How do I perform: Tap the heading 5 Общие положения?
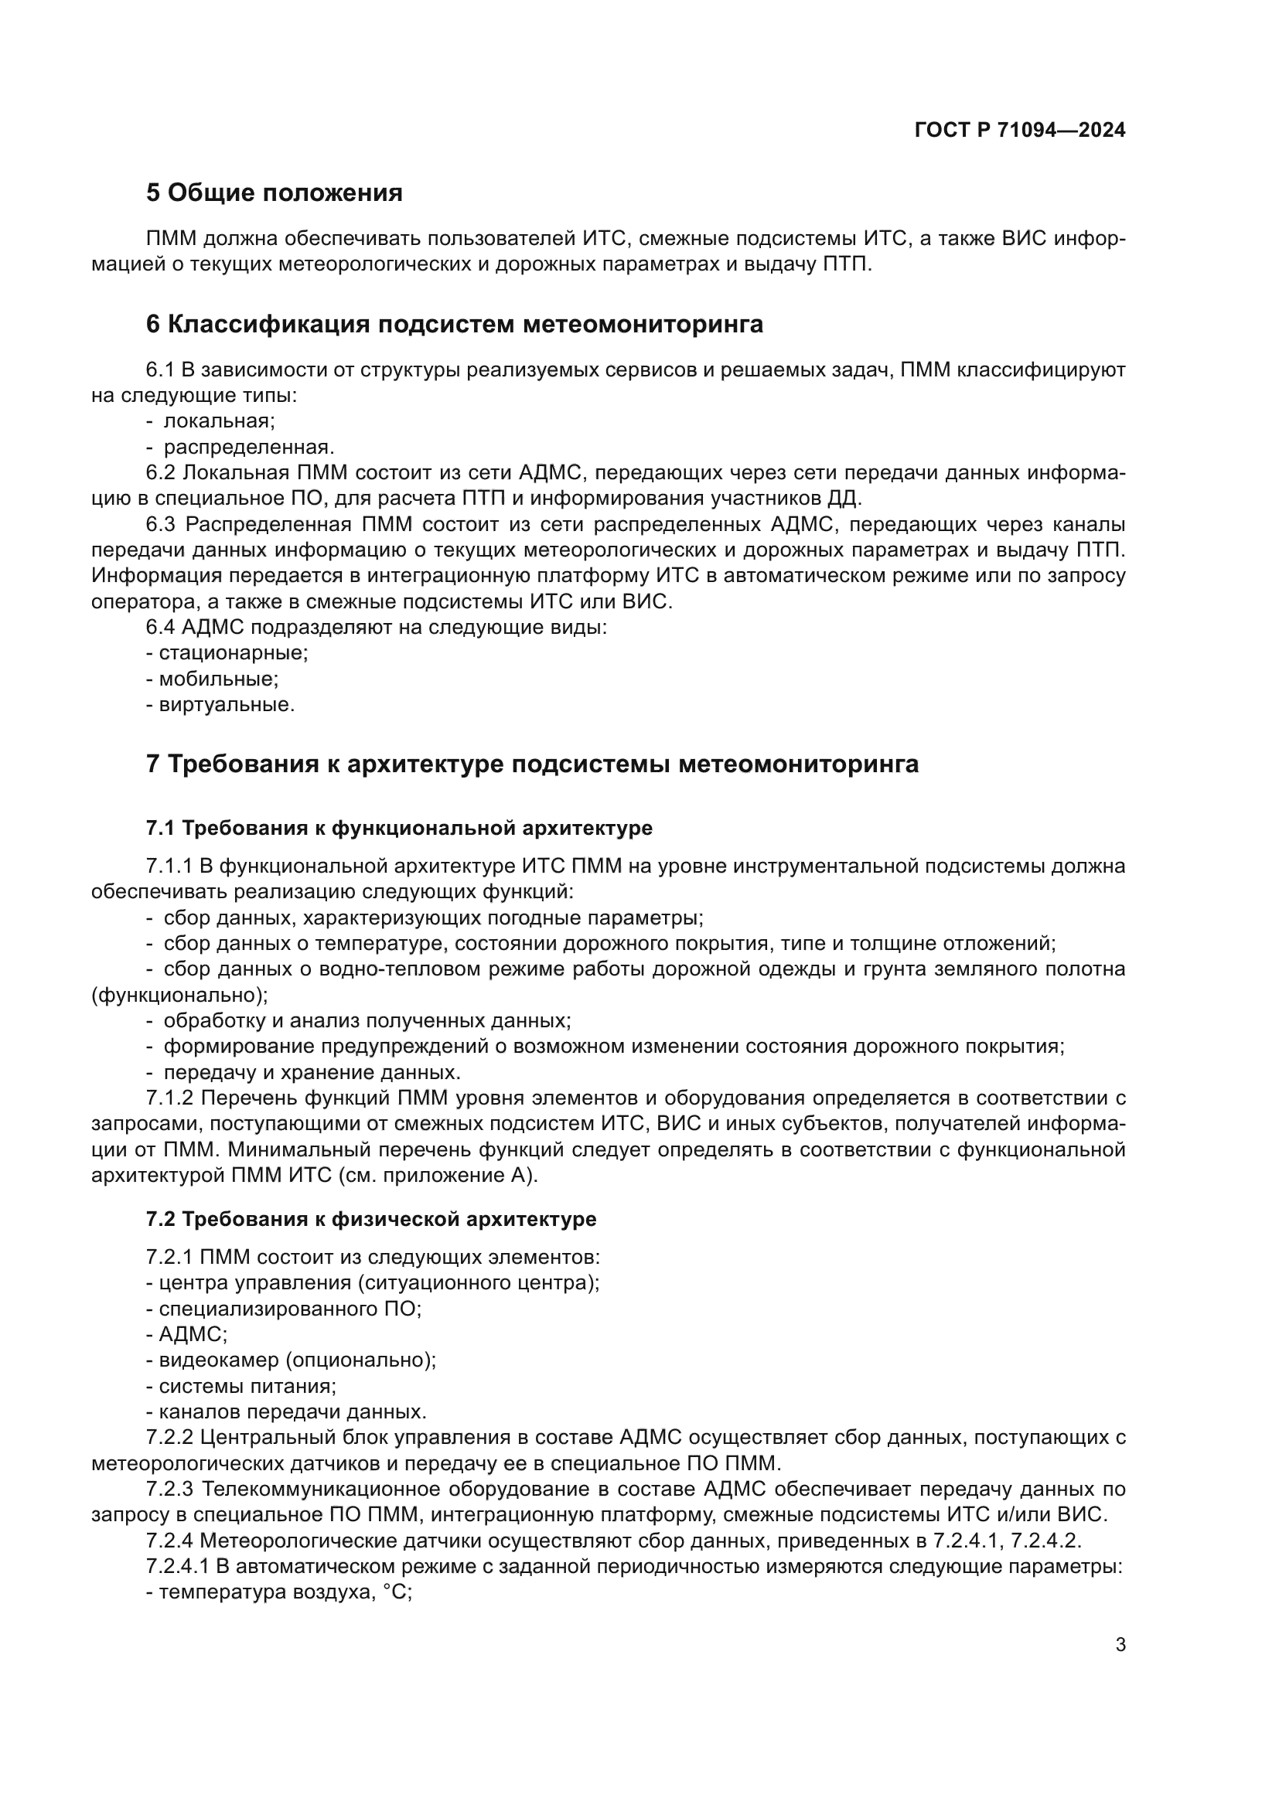coord(274,193)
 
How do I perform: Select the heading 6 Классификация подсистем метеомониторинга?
coord(455,325)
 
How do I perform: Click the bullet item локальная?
coord(218,421)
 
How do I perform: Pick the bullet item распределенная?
coord(248,448)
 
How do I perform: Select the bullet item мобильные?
coord(218,679)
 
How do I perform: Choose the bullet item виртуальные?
coord(226,705)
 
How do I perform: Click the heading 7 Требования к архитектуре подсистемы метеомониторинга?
coord(532,764)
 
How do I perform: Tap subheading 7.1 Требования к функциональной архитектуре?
coord(399,829)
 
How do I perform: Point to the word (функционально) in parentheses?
coord(179,996)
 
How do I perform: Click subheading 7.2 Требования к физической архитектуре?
coord(371,1220)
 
